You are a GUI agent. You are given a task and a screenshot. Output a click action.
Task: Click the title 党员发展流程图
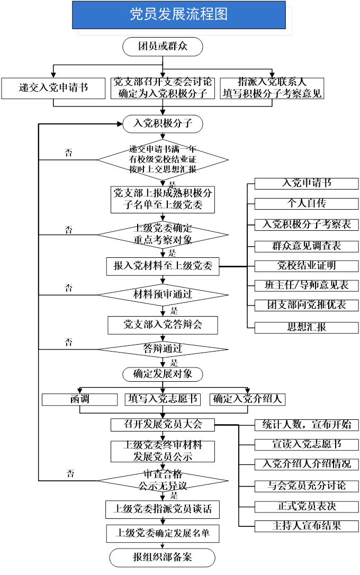[x=178, y=15]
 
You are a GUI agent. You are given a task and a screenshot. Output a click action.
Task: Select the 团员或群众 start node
[x=163, y=47]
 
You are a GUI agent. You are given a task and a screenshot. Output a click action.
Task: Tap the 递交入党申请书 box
[x=53, y=88]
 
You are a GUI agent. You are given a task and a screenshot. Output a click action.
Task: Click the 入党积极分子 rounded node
[x=163, y=124]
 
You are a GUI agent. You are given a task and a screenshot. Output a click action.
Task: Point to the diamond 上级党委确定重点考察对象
[x=163, y=234]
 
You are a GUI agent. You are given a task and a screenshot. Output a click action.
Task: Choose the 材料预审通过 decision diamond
[x=163, y=294]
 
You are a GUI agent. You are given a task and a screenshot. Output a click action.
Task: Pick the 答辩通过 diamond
[x=163, y=349]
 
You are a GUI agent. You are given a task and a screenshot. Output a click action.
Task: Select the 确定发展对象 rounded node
[x=163, y=374]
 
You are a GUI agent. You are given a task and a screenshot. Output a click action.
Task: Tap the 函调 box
[x=79, y=399]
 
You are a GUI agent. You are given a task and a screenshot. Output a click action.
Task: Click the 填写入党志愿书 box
[x=163, y=399]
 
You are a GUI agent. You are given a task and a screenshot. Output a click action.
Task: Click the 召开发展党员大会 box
[x=163, y=424]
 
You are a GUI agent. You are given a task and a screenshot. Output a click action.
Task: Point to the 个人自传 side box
[x=307, y=204]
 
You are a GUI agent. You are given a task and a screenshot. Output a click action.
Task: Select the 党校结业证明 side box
[x=307, y=265]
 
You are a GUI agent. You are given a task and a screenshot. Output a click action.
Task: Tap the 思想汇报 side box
[x=307, y=327]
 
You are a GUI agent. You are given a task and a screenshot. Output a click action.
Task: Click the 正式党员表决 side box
[x=307, y=506]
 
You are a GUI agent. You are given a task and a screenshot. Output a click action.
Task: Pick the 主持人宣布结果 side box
[x=307, y=526]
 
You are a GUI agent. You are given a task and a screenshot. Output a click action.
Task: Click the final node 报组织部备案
[x=163, y=558]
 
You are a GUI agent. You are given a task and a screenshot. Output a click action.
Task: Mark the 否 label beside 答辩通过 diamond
[x=68, y=342]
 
